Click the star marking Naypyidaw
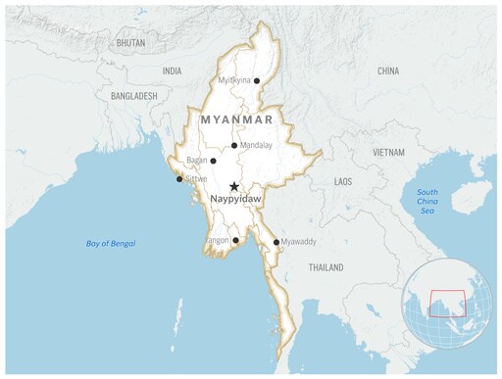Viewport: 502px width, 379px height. [x=233, y=186]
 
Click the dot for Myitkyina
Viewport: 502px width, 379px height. [x=257, y=81]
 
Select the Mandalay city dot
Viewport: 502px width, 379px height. [x=233, y=146]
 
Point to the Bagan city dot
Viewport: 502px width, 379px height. [x=213, y=161]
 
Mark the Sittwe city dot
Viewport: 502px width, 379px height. [x=178, y=179]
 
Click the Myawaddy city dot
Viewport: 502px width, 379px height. [x=276, y=242]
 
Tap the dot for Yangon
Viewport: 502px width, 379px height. [x=235, y=240]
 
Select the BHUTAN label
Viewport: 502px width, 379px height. [x=130, y=44]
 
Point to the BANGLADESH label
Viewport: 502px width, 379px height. [x=134, y=96]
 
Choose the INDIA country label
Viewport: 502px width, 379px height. [x=172, y=71]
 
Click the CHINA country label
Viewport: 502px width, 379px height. [x=387, y=71]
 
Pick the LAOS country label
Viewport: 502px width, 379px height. [x=342, y=182]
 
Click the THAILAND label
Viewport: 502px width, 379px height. [x=326, y=267]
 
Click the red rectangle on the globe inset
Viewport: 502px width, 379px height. [x=447, y=304]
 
